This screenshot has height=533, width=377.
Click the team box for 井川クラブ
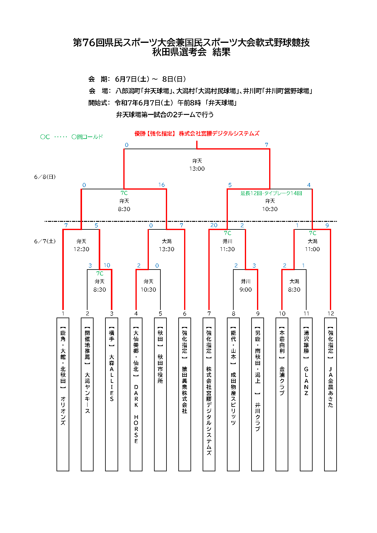[258, 394]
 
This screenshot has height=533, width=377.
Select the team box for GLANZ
[306, 394]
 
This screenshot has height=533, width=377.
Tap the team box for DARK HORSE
[136, 394]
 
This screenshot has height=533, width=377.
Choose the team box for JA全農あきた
[331, 394]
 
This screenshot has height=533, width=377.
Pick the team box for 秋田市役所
[160, 394]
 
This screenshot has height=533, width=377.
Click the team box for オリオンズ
[63, 394]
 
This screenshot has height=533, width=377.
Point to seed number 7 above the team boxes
[209, 314]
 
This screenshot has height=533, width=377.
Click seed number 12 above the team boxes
[331, 314]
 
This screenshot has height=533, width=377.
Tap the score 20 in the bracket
[214, 225]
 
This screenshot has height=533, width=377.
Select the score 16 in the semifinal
[161, 185]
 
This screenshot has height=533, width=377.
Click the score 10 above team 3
[107, 265]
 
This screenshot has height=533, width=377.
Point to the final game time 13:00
[197, 169]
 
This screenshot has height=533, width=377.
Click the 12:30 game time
[81, 249]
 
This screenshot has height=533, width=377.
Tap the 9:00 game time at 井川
[245, 290]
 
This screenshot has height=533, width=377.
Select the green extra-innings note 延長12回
[251, 193]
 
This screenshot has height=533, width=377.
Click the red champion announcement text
[197, 133]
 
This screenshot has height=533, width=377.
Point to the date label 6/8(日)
[45, 177]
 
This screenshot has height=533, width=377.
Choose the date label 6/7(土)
[45, 241]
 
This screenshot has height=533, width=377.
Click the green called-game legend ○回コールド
[87, 137]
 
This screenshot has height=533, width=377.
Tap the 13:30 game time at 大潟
[166, 249]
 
